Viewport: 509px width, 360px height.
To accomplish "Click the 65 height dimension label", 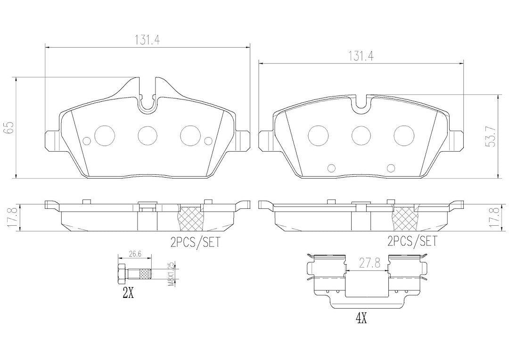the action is (8, 128).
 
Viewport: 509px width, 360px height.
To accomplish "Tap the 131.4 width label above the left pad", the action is (147, 40).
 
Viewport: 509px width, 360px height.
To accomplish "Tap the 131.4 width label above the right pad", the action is (361, 57).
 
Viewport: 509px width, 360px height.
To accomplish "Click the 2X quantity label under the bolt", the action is (128, 293).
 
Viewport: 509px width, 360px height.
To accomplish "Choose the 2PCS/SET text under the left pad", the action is (195, 242).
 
